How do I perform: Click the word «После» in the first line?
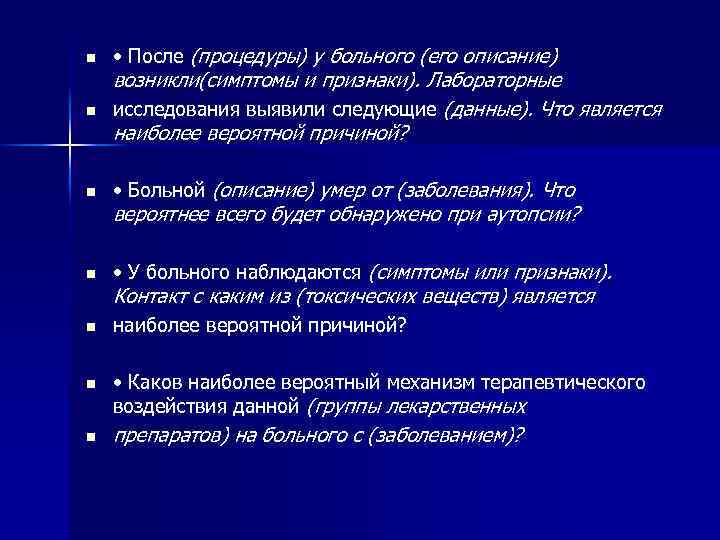(x=158, y=55)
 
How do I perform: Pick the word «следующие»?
(x=379, y=109)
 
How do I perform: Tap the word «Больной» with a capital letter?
(x=167, y=190)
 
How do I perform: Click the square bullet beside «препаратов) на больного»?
(x=89, y=438)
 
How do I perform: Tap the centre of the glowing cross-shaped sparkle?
(x=70, y=149)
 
